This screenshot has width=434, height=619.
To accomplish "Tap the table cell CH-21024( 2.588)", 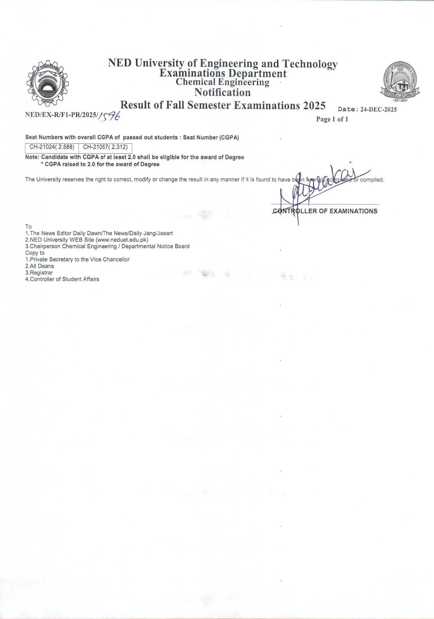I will coord(52,148).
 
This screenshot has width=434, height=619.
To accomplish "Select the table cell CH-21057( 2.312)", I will coord(105,148).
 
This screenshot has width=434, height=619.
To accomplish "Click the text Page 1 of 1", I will coord(332,119).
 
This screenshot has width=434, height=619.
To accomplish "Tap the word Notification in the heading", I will coord(222,92).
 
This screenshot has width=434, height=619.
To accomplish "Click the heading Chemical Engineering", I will coord(222,82).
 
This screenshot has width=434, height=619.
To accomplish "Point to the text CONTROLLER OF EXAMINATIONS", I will coord(325,211).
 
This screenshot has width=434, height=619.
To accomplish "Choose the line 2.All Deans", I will coord(40,266).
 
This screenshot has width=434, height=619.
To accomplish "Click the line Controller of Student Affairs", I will coord(64,279).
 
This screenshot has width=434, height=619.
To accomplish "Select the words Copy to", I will coord(35,253).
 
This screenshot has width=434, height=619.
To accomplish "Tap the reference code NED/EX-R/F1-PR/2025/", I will coord(61,114).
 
